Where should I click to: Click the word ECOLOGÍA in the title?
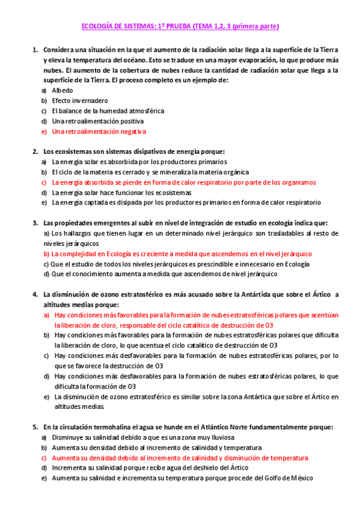click(97, 26)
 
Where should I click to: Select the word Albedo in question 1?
click(63, 90)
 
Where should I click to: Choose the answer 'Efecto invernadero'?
click(80, 100)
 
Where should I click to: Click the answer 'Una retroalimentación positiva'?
click(98, 121)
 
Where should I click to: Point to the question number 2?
click(34, 151)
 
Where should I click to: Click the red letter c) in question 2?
click(44, 182)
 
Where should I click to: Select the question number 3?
click(34, 223)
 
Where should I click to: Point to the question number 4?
click(34, 294)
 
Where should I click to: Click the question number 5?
click(34, 427)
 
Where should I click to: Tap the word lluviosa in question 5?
click(218, 437)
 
